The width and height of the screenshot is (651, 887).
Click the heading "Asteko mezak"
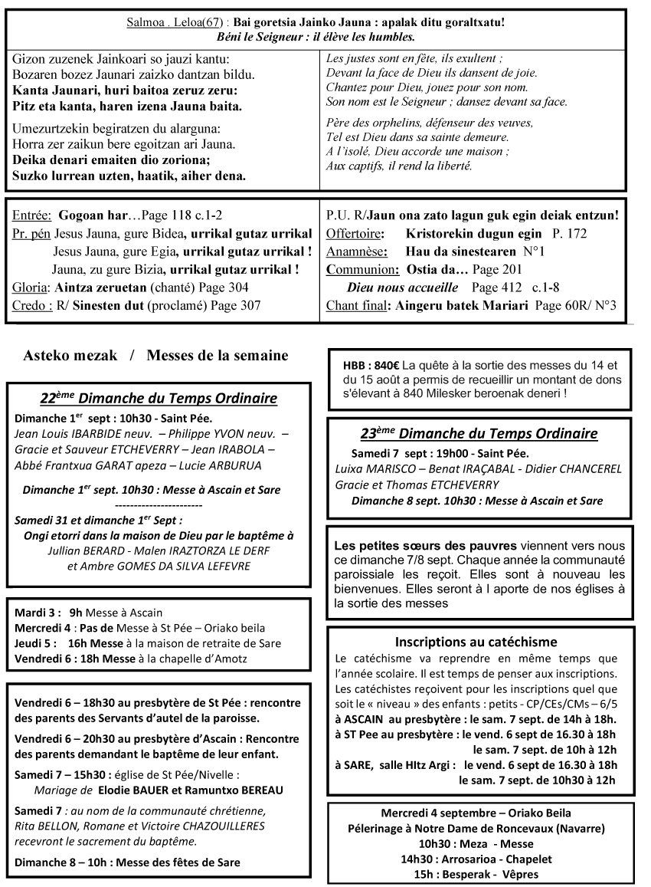(x=70, y=356)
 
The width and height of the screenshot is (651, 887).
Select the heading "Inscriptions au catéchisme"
(x=476, y=642)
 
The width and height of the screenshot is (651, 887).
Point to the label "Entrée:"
(x=33, y=217)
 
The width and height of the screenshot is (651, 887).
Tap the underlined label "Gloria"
(x=30, y=287)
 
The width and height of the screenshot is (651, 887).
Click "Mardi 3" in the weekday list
(x=35, y=613)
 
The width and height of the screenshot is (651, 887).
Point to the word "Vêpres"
(x=520, y=875)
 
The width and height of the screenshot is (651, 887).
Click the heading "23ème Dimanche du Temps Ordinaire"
(x=479, y=433)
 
